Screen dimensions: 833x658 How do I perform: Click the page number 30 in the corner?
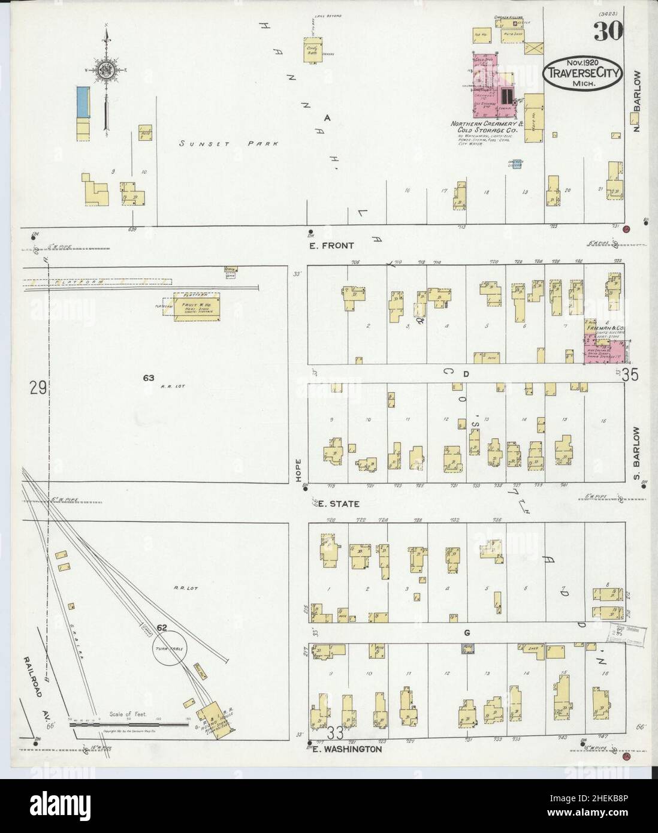tap(607, 31)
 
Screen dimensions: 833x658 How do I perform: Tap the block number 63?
tap(149, 378)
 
